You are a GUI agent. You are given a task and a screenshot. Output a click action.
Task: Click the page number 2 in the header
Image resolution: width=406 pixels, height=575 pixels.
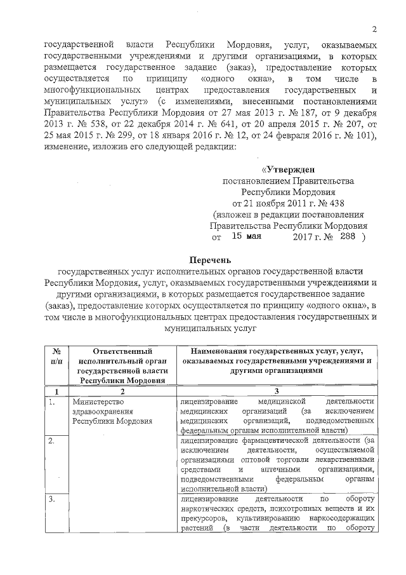coord(374,28)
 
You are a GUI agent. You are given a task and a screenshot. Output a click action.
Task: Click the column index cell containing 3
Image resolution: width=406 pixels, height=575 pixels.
coord(277,391)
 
